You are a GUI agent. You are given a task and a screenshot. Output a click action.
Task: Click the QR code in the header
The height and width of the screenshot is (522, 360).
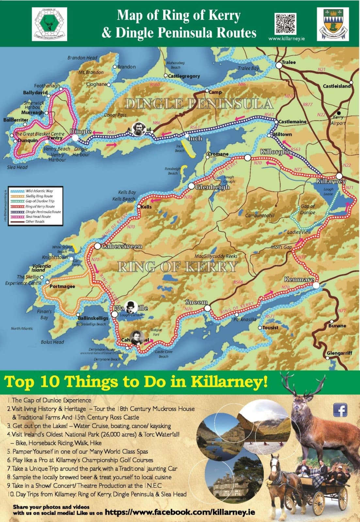tap(285, 23)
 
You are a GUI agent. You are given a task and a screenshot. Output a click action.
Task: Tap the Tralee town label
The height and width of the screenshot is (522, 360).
tap(289, 62)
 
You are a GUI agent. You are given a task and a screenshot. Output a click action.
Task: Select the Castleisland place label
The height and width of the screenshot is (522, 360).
tap(337, 86)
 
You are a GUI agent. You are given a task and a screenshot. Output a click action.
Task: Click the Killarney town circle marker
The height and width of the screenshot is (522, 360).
tap(339, 176)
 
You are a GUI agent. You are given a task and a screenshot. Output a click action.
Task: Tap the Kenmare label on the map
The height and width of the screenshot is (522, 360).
tap(299, 280)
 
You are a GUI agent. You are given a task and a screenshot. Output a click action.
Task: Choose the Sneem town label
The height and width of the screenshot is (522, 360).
tap(196, 302)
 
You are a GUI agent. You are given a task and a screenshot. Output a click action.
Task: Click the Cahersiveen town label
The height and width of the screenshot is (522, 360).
tap(122, 246)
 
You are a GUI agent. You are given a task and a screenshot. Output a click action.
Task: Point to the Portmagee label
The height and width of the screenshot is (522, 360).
tap(62, 286)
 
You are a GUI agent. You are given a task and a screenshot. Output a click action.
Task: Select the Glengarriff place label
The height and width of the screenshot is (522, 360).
tap(339, 353)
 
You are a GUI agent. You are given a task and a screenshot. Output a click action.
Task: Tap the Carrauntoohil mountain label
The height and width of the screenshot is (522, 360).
tap(260, 215)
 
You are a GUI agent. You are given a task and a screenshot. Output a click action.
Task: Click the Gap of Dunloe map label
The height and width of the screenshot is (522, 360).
tap(307, 209)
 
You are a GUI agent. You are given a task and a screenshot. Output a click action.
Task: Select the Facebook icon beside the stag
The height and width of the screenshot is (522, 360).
tap(340, 410)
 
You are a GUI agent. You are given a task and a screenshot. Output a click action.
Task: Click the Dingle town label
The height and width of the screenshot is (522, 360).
tap(81, 131)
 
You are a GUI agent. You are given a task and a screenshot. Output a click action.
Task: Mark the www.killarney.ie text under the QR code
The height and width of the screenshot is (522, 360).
tap(287, 38)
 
